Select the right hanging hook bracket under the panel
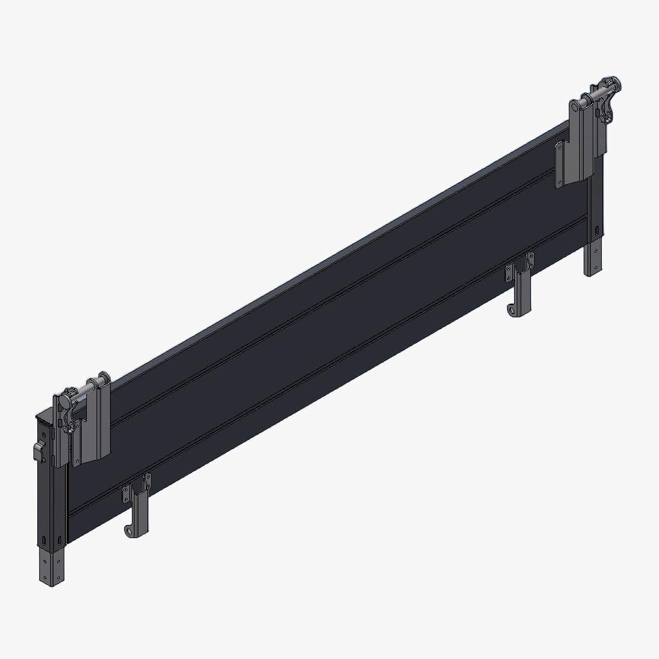(x=521, y=290)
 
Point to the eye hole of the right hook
(x=513, y=311)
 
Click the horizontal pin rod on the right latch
(x=597, y=95)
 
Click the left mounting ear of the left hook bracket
(x=126, y=495)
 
